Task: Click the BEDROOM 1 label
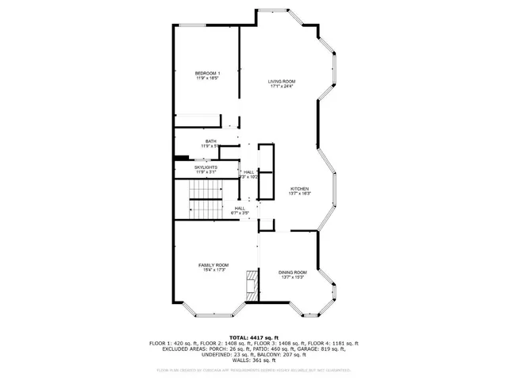[207, 74]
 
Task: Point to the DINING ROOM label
[292, 272]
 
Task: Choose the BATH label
[210, 141]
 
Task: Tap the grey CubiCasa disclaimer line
[253, 369]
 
